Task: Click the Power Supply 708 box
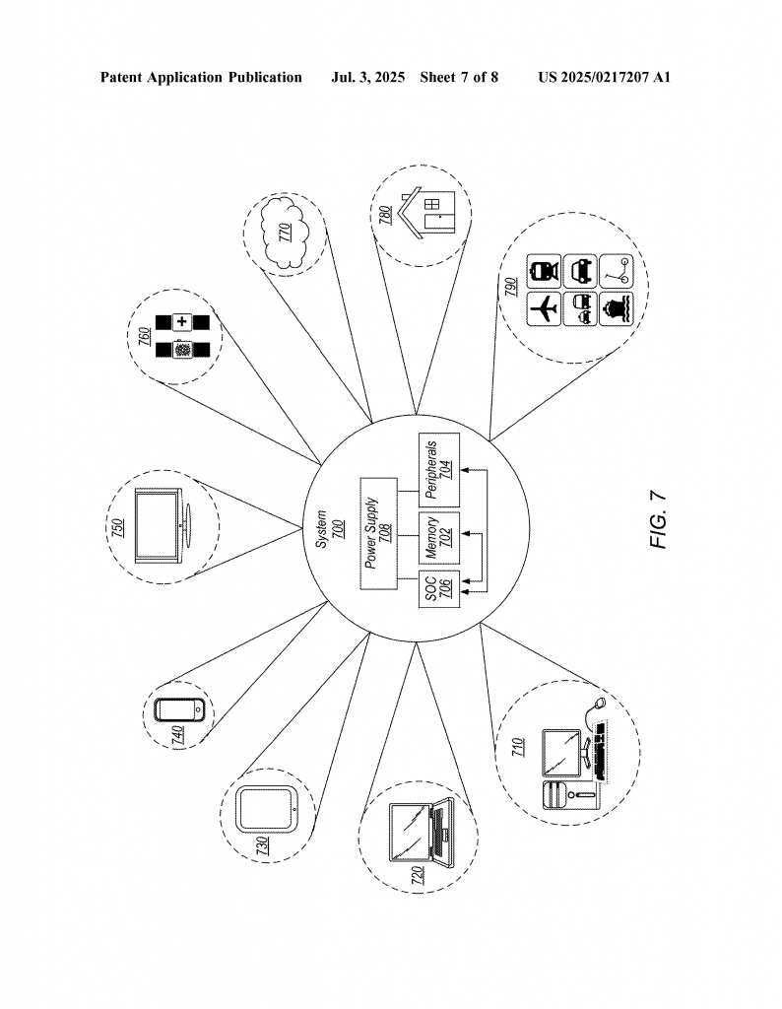click(379, 533)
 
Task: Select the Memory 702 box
click(439, 538)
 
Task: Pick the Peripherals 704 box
click(439, 470)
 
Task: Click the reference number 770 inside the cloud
click(285, 233)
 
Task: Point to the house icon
click(428, 213)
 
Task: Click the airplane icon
click(544, 309)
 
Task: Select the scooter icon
click(617, 272)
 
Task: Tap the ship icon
click(617, 309)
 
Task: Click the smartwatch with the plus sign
click(182, 322)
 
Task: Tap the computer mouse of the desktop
click(600, 704)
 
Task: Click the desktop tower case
click(571, 795)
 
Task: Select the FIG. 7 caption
click(658, 520)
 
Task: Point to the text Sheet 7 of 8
click(459, 78)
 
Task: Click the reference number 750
click(118, 527)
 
